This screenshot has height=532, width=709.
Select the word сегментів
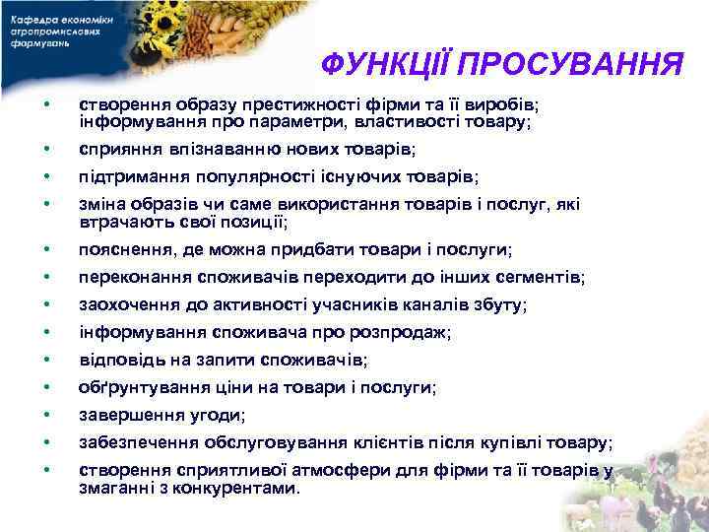coord(546,278)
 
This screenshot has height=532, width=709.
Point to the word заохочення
coord(129,305)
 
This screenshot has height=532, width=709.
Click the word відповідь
coord(117,361)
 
